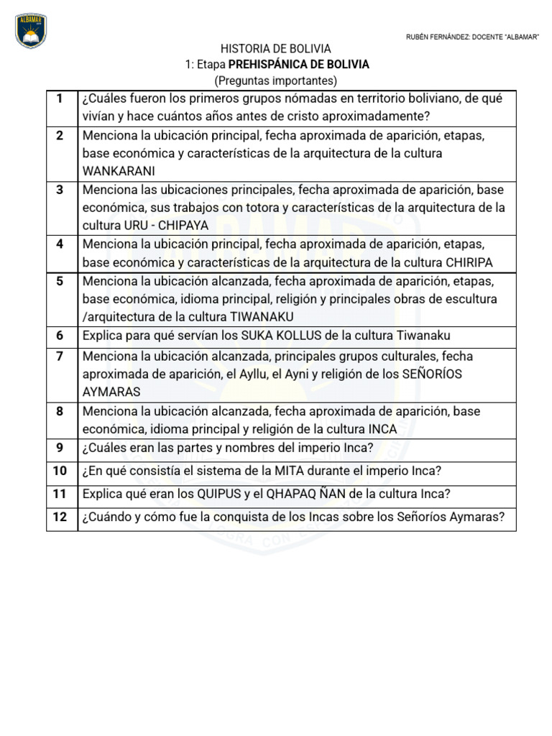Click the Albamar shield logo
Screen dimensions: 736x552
coord(30,32)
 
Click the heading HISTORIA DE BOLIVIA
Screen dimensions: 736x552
coord(276,49)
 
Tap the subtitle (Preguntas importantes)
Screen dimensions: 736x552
coord(276,80)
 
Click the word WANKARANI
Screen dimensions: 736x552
coord(119,171)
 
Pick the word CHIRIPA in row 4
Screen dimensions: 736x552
coord(471,262)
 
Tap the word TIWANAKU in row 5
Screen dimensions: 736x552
coord(262,316)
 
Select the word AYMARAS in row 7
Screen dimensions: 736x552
coord(111,392)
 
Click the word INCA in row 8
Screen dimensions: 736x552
coord(382,429)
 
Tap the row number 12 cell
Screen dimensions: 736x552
coord(60,517)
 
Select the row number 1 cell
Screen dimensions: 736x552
coord(60,98)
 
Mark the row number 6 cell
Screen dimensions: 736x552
coord(60,336)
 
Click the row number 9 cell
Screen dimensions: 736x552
coord(60,448)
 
